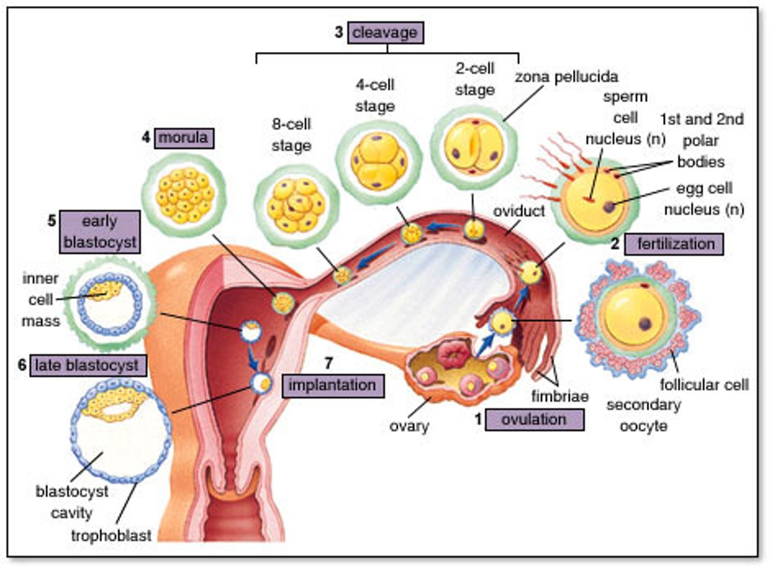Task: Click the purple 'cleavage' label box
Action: [385, 33]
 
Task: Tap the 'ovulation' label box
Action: [534, 419]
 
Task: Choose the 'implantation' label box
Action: [332, 385]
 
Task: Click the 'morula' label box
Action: [183, 138]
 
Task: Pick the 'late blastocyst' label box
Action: [87, 366]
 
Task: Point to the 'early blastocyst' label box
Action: [99, 232]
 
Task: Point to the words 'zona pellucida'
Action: [566, 77]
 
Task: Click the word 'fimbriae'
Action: [559, 396]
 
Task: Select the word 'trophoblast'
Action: [111, 535]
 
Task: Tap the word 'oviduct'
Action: [519, 211]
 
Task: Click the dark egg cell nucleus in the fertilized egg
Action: [609, 207]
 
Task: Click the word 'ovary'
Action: [409, 426]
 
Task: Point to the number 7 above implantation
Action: [328, 363]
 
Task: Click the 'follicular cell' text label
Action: [704, 384]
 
